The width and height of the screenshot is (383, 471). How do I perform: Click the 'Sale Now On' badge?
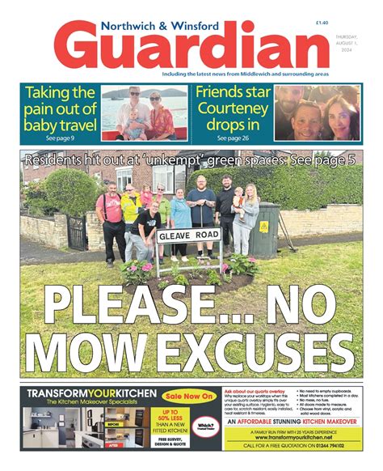tap(185, 397)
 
